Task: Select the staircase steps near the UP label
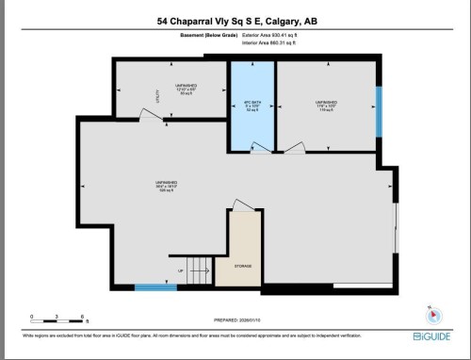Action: (198, 271)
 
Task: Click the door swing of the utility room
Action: (149, 113)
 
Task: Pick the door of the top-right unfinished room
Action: (295, 147)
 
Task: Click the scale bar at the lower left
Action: (57, 318)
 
